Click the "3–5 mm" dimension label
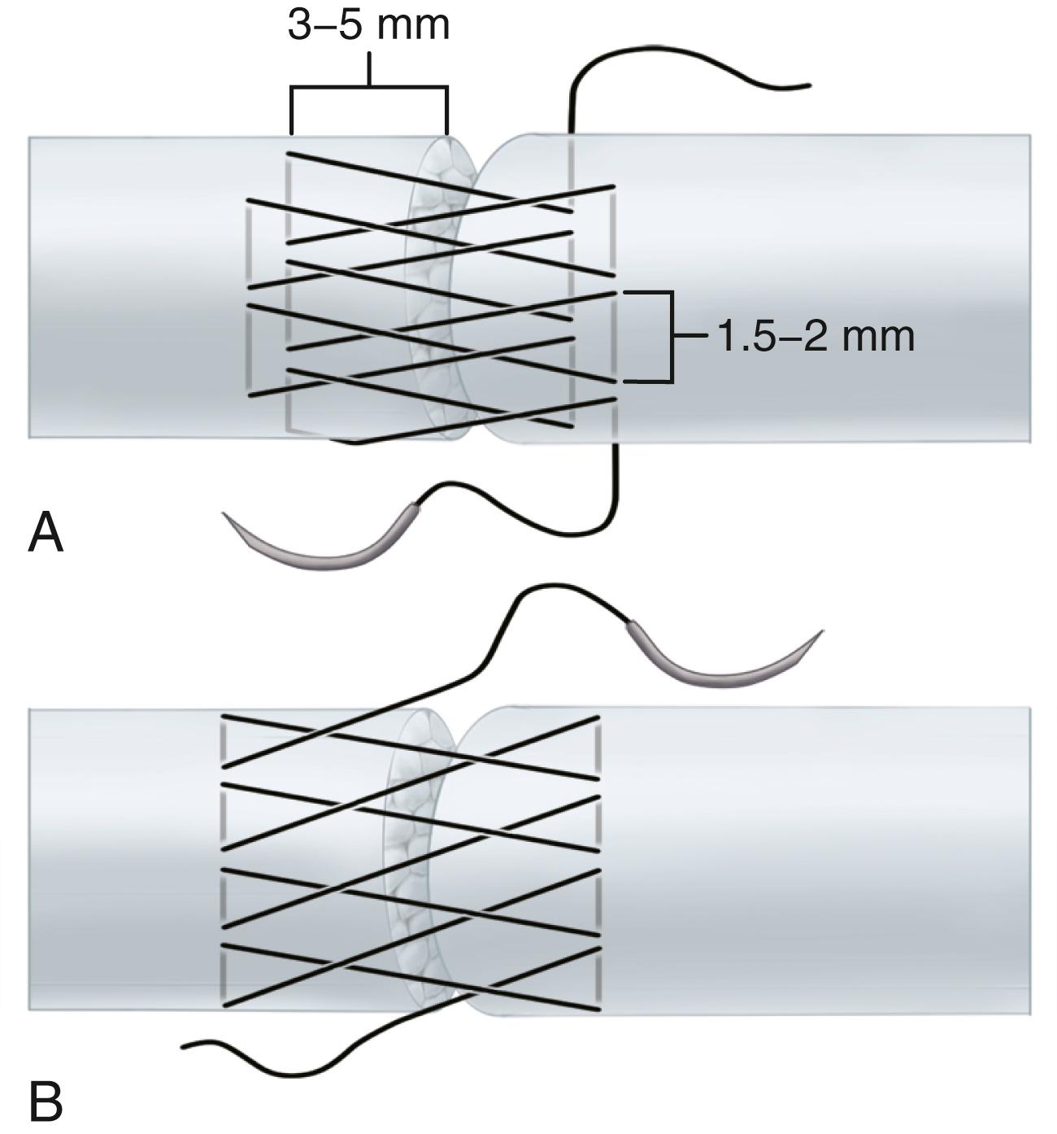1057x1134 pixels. (368, 24)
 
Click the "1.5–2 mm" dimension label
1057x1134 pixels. (816, 336)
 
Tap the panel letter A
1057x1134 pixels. (46, 534)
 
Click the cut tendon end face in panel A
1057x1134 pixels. (435, 285)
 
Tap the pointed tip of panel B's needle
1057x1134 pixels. (821, 632)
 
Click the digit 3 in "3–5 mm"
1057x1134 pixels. (300, 24)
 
